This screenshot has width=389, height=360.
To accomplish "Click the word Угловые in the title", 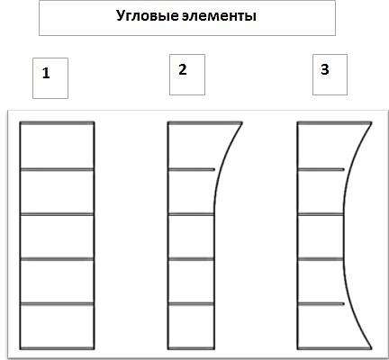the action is pos(148,16).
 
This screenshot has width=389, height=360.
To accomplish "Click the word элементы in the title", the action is pos(219,16).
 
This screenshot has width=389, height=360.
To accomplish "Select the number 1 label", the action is pos(46,73).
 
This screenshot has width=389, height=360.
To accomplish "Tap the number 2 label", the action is pos(183,69).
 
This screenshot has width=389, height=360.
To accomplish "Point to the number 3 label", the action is pos(325,69).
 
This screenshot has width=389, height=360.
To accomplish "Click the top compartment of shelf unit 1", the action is pos(57,146).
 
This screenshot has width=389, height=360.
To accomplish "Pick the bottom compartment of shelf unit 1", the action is pos(57,327).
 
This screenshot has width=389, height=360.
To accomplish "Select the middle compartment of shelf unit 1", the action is pos(57,237).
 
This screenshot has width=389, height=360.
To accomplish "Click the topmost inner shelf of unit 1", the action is pos(57,169).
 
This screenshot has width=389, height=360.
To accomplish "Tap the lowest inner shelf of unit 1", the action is pos(57,304).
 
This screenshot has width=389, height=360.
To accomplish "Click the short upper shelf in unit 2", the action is pos(192,169).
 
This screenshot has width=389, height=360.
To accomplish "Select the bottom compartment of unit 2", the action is pos(191,327).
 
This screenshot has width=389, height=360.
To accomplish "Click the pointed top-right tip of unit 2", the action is pos(241,122).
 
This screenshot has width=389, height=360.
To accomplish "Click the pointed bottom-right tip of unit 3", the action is pos(372,348).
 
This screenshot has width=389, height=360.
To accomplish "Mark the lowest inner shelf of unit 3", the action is pos(321,304).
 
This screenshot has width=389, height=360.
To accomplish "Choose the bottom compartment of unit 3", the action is pos(326,327).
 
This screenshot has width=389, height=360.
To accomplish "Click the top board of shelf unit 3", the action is pos(334,122).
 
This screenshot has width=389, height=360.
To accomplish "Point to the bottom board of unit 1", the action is pos(57,348).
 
